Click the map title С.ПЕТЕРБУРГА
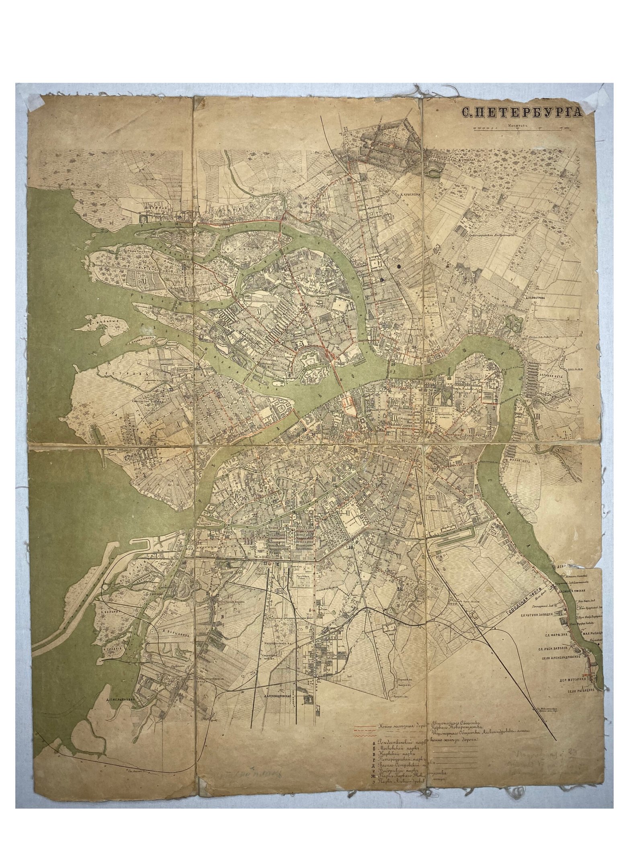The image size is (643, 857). pyautogui.click(x=521, y=114)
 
